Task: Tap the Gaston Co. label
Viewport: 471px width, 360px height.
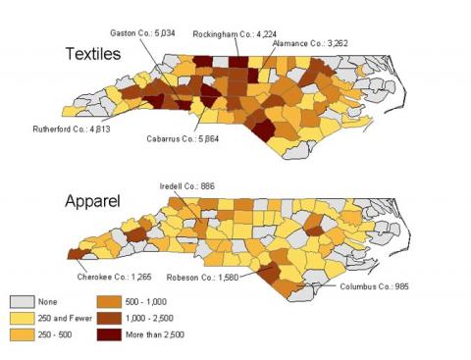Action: coord(163,32)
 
